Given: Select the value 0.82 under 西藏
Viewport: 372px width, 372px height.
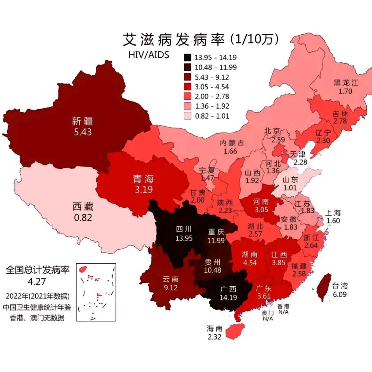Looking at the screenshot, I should (x=83, y=216).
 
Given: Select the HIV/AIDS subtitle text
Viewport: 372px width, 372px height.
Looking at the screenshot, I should (x=148, y=55).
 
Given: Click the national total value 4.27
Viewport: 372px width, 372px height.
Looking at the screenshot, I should (x=37, y=281).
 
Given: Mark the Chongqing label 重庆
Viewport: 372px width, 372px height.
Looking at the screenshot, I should (x=216, y=231).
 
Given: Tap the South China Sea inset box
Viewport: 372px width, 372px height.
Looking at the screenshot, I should (x=96, y=292).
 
